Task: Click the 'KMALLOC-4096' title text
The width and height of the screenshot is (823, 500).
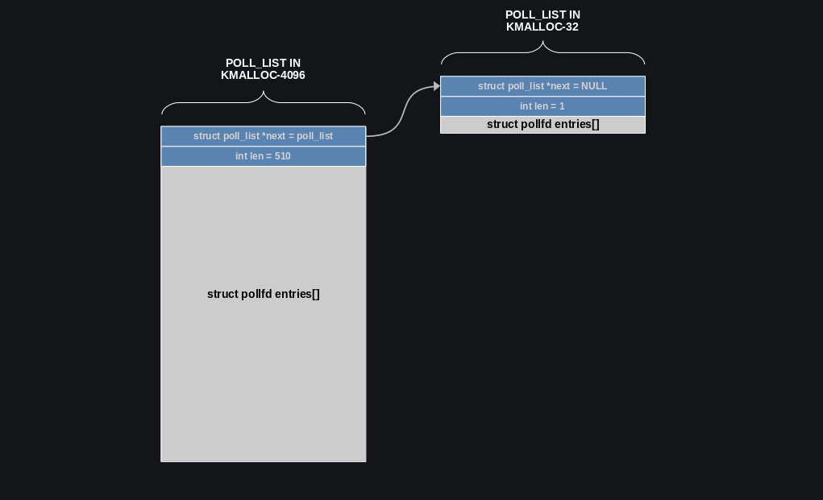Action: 263,76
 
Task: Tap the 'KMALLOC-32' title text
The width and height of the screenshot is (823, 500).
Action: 542,27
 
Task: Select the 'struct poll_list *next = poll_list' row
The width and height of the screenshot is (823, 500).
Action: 263,136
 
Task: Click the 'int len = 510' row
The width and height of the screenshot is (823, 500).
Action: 263,156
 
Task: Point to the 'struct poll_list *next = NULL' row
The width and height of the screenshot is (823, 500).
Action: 542,86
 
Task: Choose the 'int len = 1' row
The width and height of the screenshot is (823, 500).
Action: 542,106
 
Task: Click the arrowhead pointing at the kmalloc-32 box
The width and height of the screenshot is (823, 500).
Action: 437,86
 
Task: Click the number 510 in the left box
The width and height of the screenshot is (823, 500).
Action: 282,156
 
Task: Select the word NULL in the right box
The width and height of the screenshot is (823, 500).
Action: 594,86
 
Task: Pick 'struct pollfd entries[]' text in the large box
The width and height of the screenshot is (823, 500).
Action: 263,294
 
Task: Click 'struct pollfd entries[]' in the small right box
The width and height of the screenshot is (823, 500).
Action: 542,125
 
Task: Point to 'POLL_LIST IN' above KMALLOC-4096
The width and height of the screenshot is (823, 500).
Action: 263,63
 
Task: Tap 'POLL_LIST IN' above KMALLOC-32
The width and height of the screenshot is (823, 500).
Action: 542,14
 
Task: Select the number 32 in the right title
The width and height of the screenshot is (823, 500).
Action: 571,27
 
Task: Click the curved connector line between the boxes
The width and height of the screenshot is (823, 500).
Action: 403,113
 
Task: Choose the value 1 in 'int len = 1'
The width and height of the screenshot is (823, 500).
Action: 562,106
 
